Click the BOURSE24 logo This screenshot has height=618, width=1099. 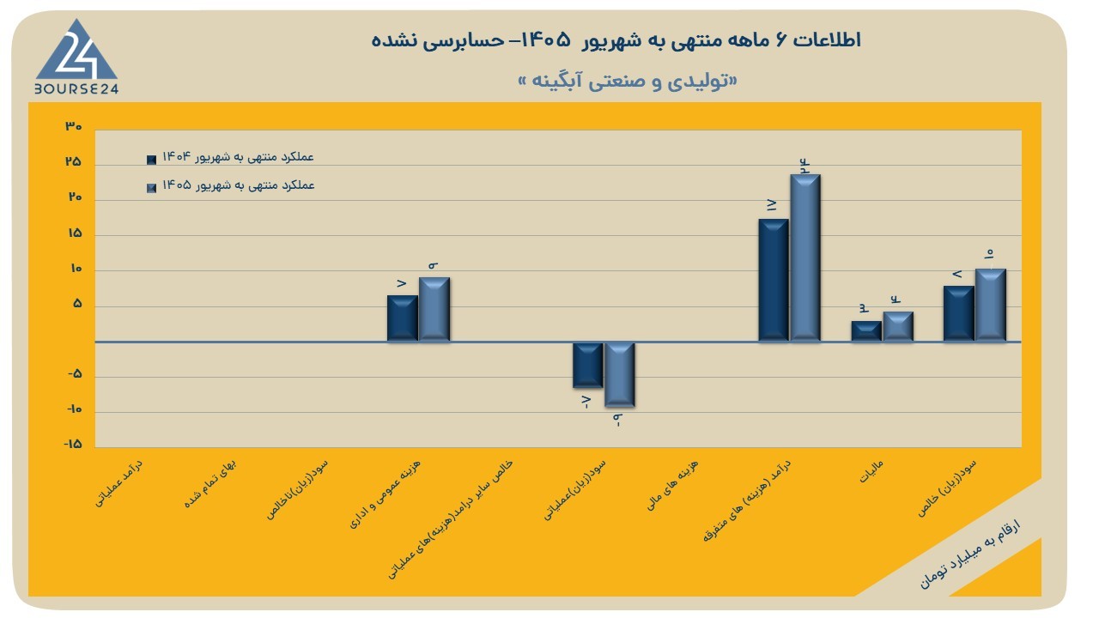(76, 57)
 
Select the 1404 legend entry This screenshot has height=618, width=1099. (230, 157)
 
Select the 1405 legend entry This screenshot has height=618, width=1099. (230, 186)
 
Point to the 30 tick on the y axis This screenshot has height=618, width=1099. (74, 126)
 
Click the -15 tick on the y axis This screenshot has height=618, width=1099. (73, 444)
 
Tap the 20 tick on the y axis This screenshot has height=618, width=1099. (74, 197)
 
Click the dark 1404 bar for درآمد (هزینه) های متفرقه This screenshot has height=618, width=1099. (774, 280)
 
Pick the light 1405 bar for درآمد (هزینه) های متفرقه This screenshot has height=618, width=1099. (805, 257)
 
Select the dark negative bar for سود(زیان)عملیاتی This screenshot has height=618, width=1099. (588, 365)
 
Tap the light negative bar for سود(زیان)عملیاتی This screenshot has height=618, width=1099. (620, 374)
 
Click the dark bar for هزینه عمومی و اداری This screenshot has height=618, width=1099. (403, 318)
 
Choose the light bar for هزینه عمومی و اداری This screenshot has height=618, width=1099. (434, 309)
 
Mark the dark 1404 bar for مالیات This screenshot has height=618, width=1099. (866, 331)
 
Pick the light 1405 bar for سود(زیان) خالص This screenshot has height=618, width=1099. (991, 305)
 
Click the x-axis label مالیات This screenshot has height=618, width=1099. (871, 471)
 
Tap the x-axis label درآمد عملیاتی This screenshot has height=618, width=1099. (118, 483)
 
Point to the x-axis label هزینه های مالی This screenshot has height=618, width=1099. (672, 485)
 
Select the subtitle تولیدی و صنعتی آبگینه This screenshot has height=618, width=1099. (628, 81)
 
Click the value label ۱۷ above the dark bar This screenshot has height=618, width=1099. (772, 205)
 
